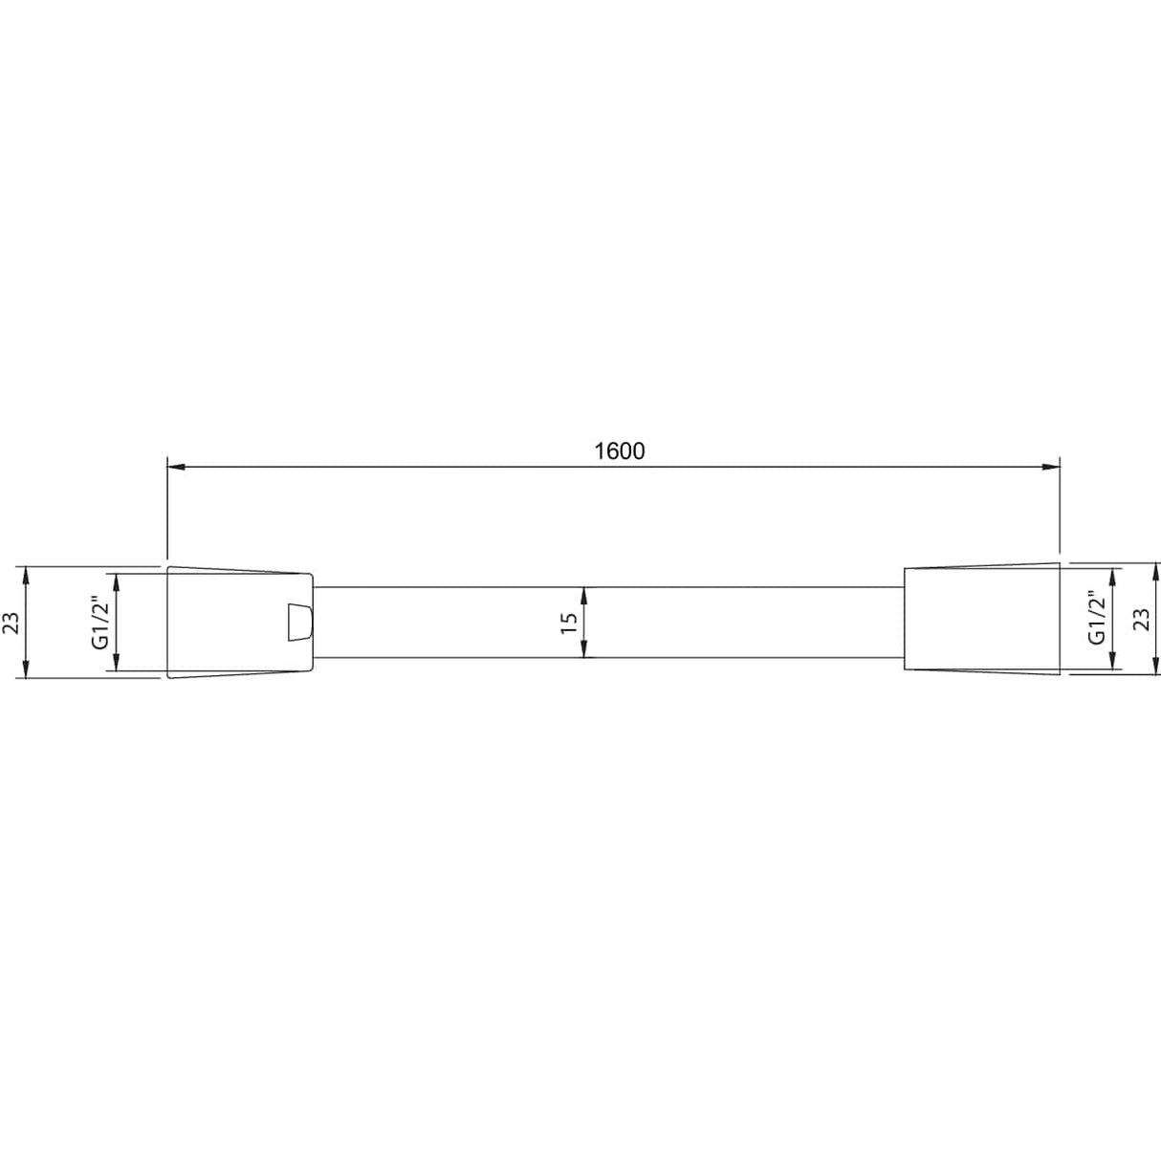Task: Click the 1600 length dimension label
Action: [x=620, y=451]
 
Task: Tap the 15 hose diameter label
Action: [x=569, y=623]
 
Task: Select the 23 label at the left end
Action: [x=11, y=623]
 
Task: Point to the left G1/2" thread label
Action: [x=100, y=623]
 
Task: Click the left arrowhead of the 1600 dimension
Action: [x=176, y=467]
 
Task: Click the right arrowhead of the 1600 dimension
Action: [x=1051, y=467]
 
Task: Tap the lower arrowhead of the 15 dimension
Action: [x=583, y=649]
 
